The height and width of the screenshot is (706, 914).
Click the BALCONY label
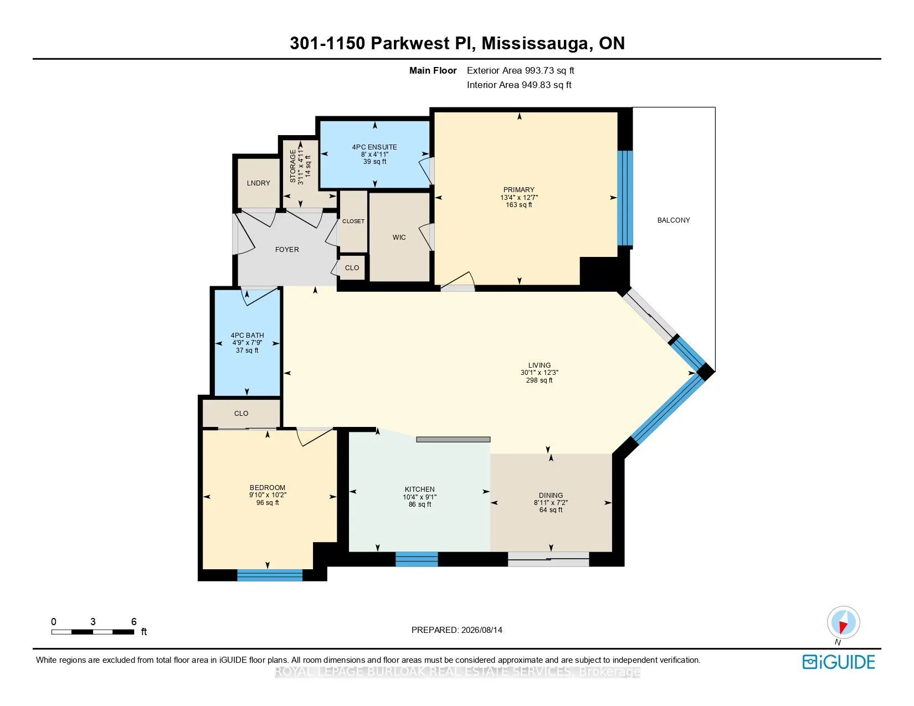[x=674, y=220]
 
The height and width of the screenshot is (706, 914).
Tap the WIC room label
[x=399, y=237]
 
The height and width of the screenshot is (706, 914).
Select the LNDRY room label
[x=258, y=183]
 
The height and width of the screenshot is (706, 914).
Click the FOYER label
[x=287, y=249]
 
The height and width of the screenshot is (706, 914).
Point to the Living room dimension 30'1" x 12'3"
[x=539, y=373]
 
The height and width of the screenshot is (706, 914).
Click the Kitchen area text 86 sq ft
[x=420, y=504]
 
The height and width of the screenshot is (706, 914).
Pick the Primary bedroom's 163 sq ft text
[x=518, y=205]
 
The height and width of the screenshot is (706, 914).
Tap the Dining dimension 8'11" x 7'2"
[x=551, y=502]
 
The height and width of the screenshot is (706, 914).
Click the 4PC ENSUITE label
[x=374, y=147]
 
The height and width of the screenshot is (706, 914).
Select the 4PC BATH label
[x=247, y=335]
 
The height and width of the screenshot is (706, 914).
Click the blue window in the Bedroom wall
[x=270, y=575]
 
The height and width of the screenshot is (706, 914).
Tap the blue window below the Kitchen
[x=417, y=559]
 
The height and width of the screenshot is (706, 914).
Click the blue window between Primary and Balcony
[x=625, y=198]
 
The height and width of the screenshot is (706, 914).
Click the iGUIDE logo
[x=838, y=662]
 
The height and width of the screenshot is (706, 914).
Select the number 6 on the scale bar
[x=133, y=621]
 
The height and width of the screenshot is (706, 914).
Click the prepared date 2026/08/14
[x=481, y=630]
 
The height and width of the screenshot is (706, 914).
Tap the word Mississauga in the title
[x=534, y=43]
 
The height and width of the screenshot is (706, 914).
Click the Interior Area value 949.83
[x=536, y=85]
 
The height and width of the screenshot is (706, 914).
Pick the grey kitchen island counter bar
[x=453, y=440]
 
